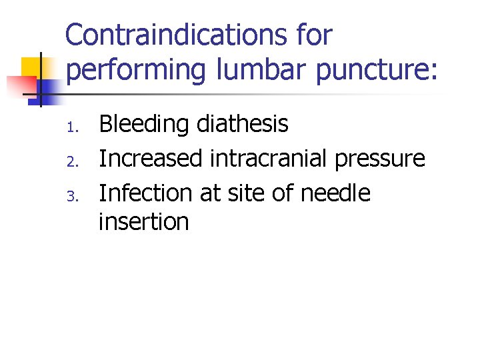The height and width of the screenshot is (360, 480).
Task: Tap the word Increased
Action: point(151,159)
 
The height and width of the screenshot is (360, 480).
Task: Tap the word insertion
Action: point(143,222)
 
